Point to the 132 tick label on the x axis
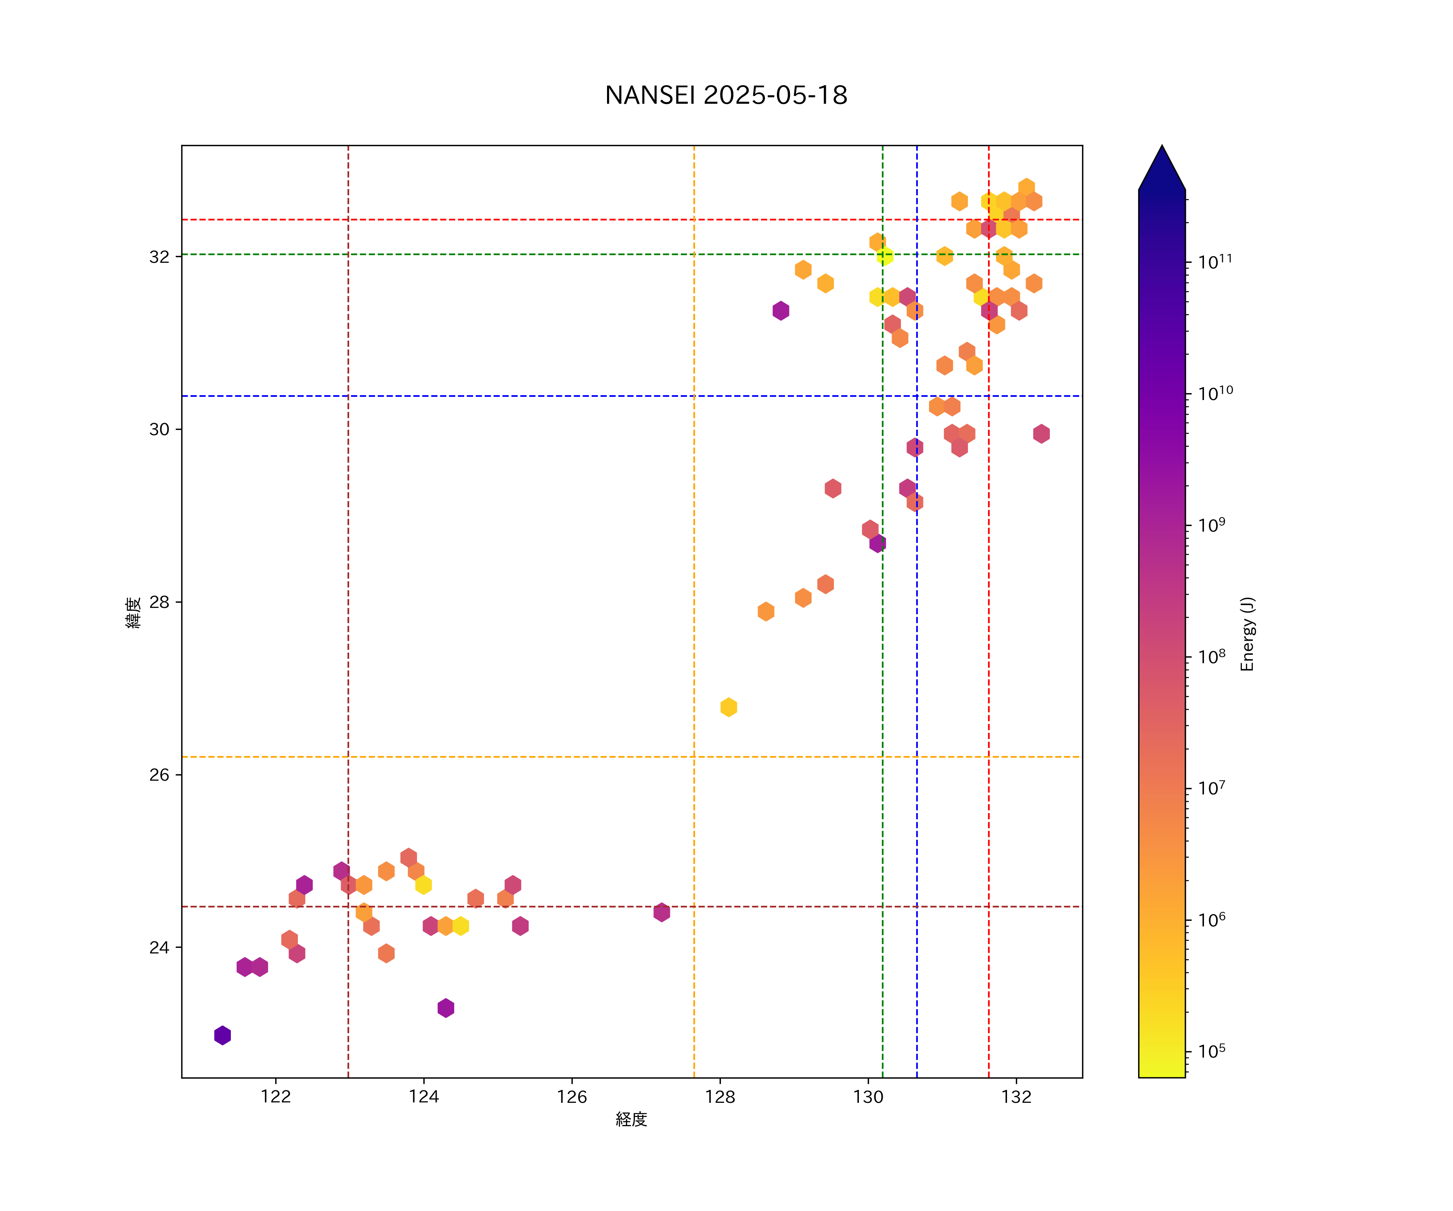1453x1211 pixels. (1016, 1097)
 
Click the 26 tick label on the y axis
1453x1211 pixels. (159, 775)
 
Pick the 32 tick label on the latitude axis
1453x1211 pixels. (159, 257)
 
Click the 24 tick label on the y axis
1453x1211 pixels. (159, 947)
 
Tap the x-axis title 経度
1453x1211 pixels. (631, 1120)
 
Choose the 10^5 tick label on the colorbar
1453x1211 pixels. (1212, 1052)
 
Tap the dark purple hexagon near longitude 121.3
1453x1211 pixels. (222, 1035)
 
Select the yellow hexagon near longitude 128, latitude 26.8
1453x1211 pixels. (729, 707)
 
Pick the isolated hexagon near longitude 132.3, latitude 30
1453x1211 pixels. (1041, 434)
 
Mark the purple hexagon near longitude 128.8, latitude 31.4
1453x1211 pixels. (781, 311)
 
